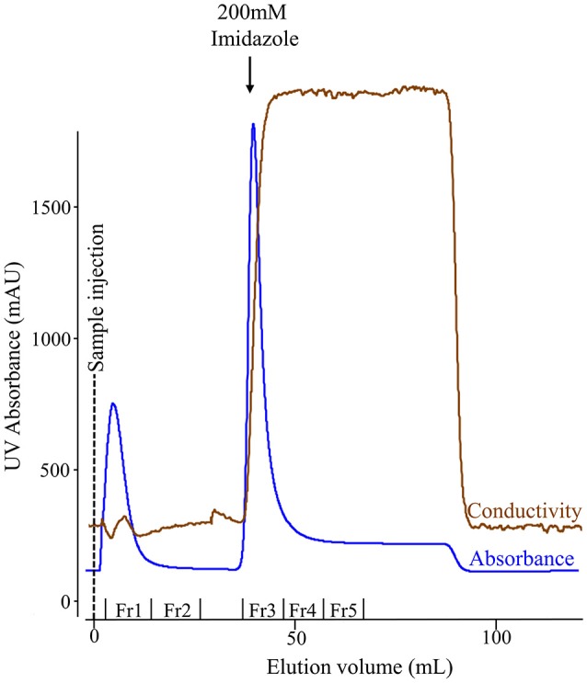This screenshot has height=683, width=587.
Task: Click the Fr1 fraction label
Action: (x=128, y=610)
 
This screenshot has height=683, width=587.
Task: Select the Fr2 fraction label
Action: (x=176, y=610)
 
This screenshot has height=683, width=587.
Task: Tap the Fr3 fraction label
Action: (x=262, y=610)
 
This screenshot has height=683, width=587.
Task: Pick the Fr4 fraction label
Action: (x=303, y=610)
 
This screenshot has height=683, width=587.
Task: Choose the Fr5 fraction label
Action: (x=343, y=610)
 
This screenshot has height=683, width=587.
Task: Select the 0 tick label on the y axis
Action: (x=64, y=602)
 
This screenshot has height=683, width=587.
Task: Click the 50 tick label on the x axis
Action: (x=294, y=636)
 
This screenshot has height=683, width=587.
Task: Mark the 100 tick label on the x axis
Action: (x=496, y=636)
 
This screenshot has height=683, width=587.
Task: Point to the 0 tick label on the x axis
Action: (x=93, y=636)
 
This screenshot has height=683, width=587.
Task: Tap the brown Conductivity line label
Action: (x=524, y=510)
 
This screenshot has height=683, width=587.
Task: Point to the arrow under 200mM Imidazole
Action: (x=249, y=78)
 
